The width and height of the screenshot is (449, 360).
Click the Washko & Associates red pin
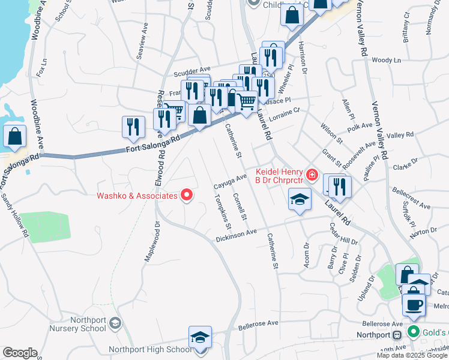187,195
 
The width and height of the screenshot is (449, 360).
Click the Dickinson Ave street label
237,235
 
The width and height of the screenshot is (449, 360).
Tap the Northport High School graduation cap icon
200,337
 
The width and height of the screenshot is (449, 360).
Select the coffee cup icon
414,303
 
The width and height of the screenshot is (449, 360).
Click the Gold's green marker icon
413,331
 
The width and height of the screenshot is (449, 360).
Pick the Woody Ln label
386,61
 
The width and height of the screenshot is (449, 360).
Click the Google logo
19,353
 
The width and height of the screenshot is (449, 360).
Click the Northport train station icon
396,335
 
